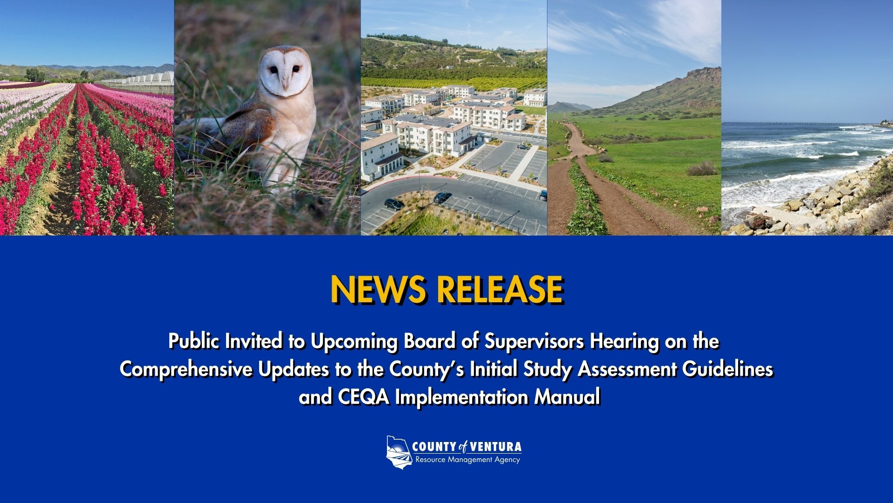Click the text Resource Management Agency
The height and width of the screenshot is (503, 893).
tap(467, 460)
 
